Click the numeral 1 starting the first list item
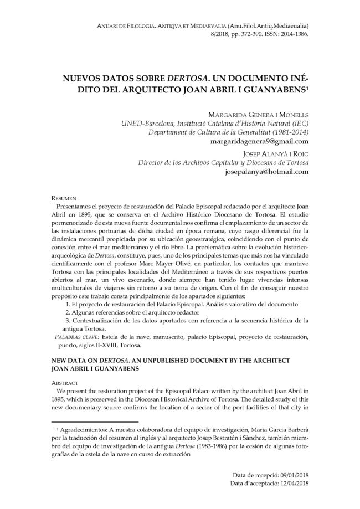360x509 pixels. [67, 305]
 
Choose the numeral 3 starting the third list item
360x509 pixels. [67, 321]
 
